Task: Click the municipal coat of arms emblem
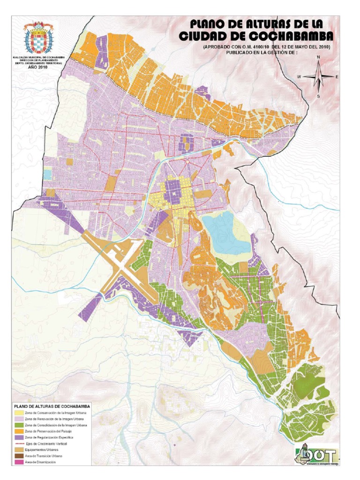click(38, 38)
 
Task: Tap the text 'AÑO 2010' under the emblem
click(38, 67)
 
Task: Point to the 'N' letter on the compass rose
click(318, 57)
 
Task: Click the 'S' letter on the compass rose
click(318, 96)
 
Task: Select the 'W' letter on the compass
click(299, 76)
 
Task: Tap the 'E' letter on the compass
click(337, 76)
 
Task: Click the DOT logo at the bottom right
click(316, 454)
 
